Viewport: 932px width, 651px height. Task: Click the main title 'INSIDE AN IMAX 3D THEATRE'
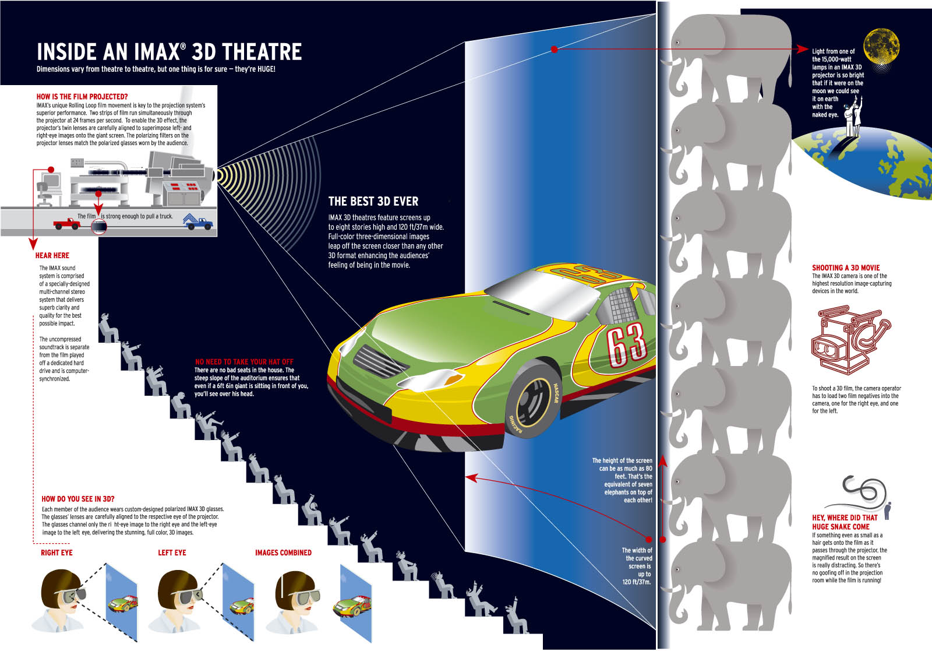(x=169, y=52)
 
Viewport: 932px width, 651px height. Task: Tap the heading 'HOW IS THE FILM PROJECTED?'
(x=82, y=97)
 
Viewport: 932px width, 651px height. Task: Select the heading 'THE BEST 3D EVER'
(x=373, y=202)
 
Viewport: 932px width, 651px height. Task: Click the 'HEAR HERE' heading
(x=52, y=255)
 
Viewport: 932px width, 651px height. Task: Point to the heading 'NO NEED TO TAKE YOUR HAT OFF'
(x=244, y=362)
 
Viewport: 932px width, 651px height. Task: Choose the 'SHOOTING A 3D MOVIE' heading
(x=846, y=268)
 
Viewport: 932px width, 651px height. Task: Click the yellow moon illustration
(x=881, y=47)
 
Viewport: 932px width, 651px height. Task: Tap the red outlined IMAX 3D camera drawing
(x=848, y=341)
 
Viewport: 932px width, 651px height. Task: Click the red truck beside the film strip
(x=66, y=223)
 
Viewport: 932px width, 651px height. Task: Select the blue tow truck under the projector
(x=197, y=222)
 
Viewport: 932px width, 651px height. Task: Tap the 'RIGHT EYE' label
(x=57, y=553)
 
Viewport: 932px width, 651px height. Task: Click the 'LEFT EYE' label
(x=172, y=553)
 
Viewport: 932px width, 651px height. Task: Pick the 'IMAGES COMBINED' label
(x=283, y=553)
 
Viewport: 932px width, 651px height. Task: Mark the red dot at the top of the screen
(x=554, y=50)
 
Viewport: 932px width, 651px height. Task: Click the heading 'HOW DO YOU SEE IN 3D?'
(x=78, y=499)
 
